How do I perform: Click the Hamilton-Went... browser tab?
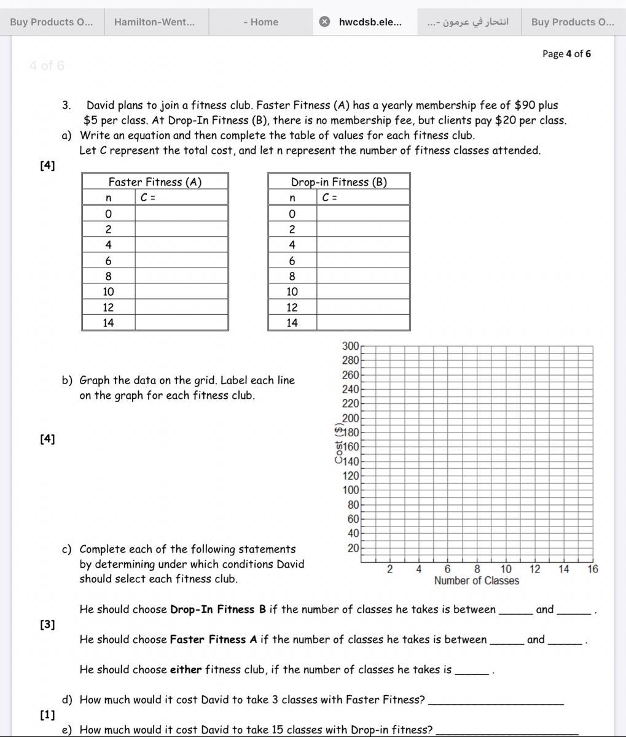tap(154, 22)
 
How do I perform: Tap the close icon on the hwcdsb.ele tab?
tap(324, 22)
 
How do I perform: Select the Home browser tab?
tap(260, 22)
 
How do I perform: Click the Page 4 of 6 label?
tap(566, 54)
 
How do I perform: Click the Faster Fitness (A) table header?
tap(155, 182)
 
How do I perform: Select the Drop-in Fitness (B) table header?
tap(338, 182)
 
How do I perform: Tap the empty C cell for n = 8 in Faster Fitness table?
tap(181, 276)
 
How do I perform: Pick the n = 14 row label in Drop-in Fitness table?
tap(292, 323)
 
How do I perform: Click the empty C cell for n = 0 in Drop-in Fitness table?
tap(363, 214)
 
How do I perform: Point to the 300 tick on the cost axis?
tap(350, 346)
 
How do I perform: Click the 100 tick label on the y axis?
tap(350, 490)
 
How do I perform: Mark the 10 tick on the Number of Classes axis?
tap(506, 569)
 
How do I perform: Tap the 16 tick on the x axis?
tap(592, 569)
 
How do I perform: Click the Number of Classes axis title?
tap(476, 581)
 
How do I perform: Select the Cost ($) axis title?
tap(339, 444)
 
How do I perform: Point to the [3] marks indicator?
tap(47, 625)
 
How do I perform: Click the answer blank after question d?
tap(495, 700)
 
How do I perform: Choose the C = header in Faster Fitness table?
tap(147, 198)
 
